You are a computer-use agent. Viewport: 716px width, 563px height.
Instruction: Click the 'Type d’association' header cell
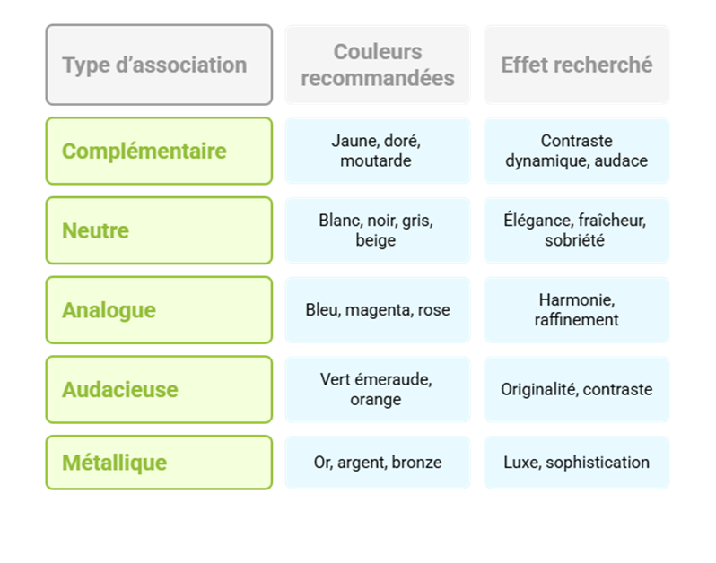click(159, 65)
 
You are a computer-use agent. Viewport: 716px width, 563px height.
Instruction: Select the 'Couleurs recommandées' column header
click(378, 65)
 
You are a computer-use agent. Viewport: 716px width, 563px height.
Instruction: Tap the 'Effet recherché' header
click(576, 65)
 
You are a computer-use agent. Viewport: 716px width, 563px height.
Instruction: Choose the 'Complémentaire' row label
click(159, 151)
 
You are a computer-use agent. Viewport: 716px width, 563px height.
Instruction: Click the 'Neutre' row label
click(159, 230)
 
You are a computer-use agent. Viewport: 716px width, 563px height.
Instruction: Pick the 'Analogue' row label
click(159, 310)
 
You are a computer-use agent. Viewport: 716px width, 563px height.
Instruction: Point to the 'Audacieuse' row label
click(159, 390)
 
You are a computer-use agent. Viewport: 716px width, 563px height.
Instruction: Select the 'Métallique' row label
click(159, 463)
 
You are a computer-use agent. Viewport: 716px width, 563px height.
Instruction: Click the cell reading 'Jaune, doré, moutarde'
click(378, 151)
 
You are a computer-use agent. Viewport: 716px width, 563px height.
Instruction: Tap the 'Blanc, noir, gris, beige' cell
click(378, 230)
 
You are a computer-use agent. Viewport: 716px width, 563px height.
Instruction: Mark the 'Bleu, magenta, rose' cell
click(378, 310)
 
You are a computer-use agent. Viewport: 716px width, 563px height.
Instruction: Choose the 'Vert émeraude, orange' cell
click(378, 390)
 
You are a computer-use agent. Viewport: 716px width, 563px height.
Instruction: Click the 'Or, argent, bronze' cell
click(378, 463)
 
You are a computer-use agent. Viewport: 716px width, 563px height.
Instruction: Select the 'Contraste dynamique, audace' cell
click(576, 151)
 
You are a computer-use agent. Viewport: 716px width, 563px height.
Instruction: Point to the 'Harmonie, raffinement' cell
click(576, 310)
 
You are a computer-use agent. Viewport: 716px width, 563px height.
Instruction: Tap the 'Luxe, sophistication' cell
click(576, 463)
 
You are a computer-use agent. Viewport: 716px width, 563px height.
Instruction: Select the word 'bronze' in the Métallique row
click(416, 463)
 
